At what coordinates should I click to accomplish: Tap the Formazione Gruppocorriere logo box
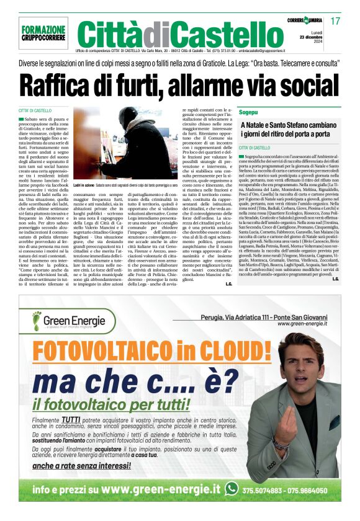[x=43, y=33]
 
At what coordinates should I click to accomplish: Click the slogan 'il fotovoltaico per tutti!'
[x=115, y=403]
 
